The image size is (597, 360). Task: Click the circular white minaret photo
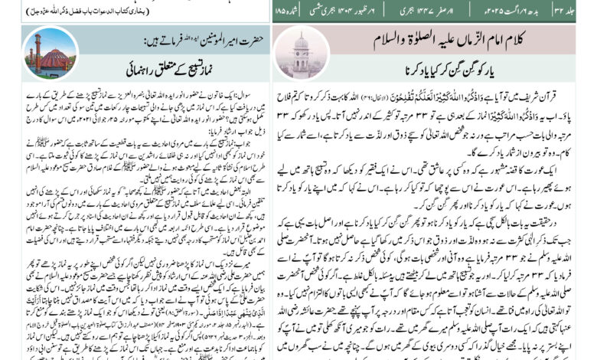pos(300,54)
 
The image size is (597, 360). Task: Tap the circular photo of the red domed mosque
pos(50,54)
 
